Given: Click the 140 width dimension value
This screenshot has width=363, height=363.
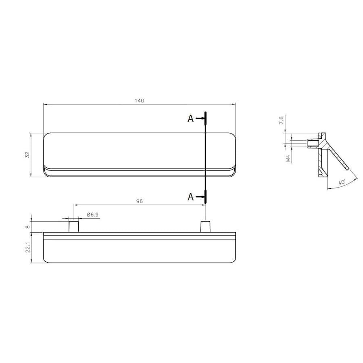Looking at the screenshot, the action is pos(140,101).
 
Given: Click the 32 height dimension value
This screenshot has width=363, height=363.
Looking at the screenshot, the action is pos(27,154).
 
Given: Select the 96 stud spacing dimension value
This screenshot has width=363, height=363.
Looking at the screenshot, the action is pos(140,201).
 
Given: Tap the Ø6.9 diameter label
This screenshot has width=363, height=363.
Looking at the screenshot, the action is pos(93,215).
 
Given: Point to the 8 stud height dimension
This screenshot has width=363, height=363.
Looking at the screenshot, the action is pos(27,227).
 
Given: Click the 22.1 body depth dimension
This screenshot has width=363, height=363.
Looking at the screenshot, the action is pos(27,247).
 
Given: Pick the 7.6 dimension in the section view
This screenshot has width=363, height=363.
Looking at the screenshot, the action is pos(281,120).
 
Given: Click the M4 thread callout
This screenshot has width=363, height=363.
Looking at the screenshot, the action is pos(288,159).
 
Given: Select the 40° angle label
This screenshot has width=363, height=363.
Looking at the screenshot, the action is pos(342,182).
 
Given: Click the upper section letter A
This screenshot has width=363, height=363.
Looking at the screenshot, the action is pos(190,119).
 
